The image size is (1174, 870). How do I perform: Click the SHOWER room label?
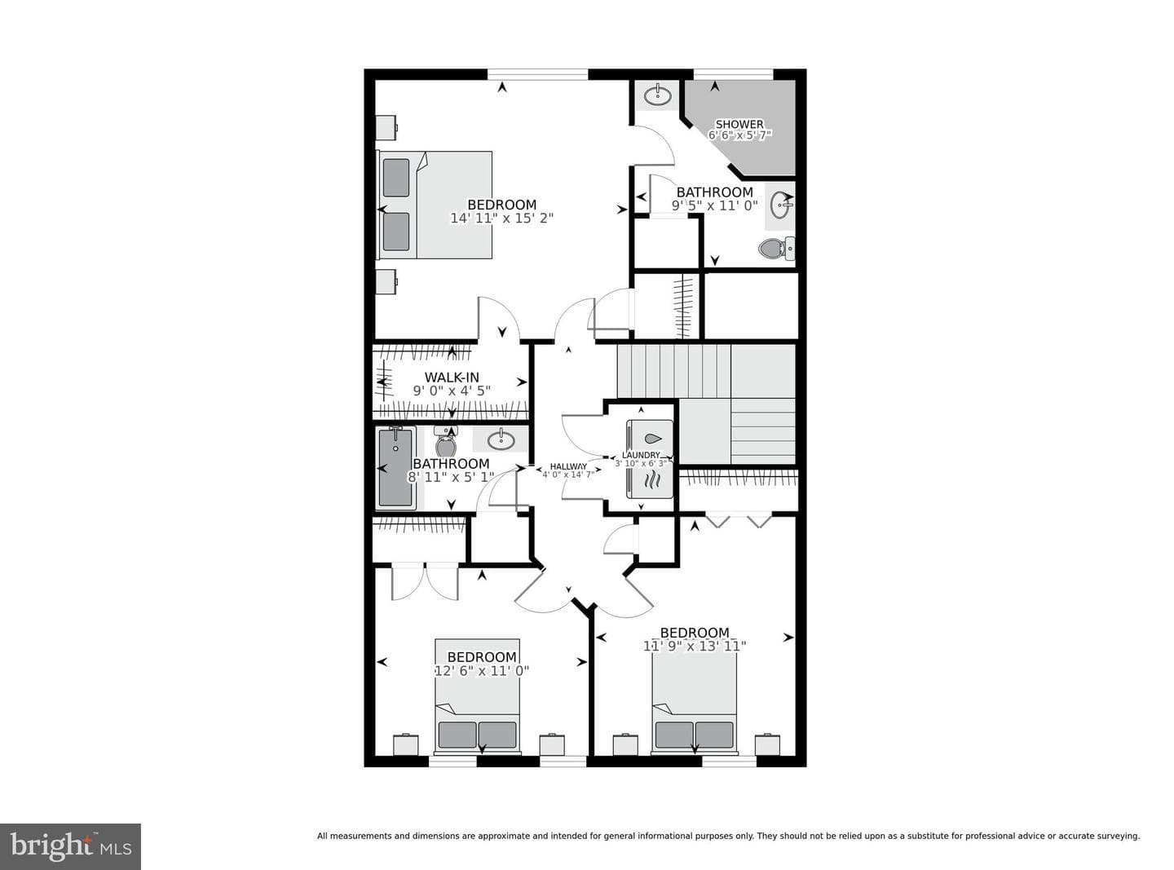[x=739, y=124]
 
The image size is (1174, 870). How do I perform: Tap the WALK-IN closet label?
[x=452, y=378]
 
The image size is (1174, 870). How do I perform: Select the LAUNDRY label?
[x=641, y=455]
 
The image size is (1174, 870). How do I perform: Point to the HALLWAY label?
[x=568, y=466]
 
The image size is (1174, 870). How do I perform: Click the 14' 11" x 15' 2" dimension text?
[x=501, y=219]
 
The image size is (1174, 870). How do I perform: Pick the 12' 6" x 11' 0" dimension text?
[x=482, y=670]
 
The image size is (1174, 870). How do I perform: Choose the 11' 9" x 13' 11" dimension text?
[x=695, y=646]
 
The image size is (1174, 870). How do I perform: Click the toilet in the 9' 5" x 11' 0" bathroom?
[x=776, y=248]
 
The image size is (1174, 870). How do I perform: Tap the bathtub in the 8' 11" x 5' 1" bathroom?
[x=395, y=467]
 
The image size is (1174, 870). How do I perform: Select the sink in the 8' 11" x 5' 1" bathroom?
[x=501, y=439]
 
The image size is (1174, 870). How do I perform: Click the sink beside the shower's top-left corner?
[x=657, y=96]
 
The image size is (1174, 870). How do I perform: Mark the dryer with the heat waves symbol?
[x=650, y=481]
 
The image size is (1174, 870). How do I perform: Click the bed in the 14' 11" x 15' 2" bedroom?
[x=434, y=205]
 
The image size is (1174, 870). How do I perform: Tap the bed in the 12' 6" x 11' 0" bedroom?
[x=477, y=696]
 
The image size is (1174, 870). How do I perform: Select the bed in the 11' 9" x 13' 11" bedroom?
[x=695, y=703]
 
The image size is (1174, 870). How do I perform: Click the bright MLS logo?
[x=70, y=846]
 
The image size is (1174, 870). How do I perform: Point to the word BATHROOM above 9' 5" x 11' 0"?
[x=714, y=192]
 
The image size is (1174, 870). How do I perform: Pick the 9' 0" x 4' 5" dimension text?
[x=452, y=391]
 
